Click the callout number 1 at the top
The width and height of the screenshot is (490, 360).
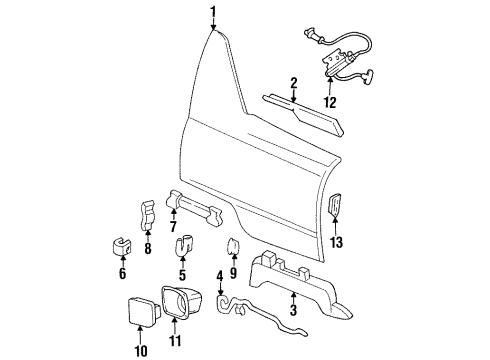pos(213,11)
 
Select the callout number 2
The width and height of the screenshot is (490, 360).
pos(293,82)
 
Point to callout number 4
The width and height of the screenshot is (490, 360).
pos(219,275)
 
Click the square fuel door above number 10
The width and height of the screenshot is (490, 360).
pos(137,314)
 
